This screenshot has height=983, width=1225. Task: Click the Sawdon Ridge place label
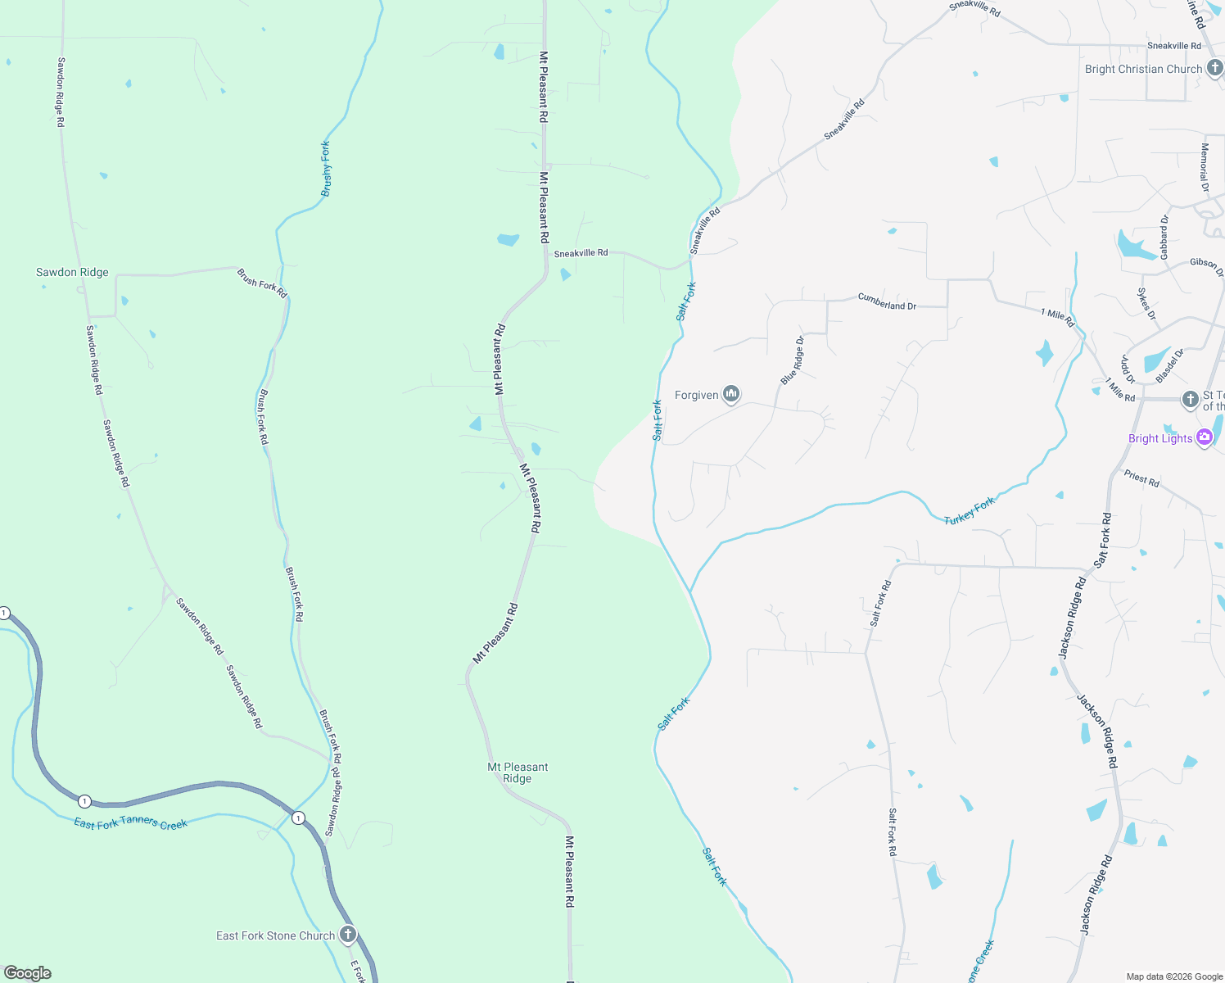[72, 272]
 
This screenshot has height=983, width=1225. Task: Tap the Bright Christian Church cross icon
[1214, 69]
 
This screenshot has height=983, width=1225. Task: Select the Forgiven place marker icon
[731, 395]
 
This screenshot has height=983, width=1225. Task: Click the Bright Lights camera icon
[1204, 437]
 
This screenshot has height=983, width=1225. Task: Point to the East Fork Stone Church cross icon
[348, 934]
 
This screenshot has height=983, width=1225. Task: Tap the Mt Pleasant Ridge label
[518, 772]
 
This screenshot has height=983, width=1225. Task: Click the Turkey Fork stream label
[970, 510]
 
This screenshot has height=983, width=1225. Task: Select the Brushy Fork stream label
[326, 169]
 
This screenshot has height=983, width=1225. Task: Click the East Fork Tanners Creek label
[131, 822]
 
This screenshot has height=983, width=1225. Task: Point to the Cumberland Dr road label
[887, 301]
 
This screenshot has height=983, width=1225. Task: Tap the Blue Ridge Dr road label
[792, 360]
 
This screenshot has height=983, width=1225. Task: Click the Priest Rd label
[1141, 478]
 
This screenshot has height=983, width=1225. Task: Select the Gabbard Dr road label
[1164, 237]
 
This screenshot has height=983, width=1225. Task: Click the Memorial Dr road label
[1205, 168]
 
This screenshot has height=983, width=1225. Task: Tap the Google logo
[28, 973]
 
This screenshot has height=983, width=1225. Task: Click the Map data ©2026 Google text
[1174, 976]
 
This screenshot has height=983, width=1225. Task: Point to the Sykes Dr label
[1146, 304]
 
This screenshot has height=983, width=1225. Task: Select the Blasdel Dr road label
[1169, 366]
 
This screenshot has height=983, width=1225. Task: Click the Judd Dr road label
[1128, 369]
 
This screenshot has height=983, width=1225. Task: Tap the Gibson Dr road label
[1206, 266]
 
